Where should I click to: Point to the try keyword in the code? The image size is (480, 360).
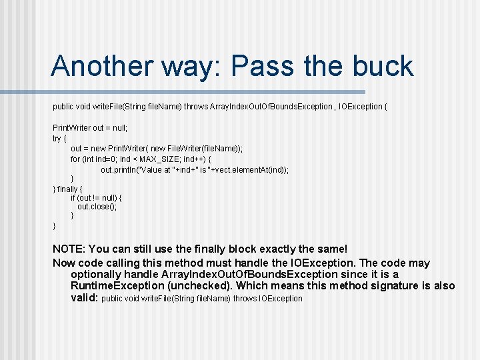(57, 139)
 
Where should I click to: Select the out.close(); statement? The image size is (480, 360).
(97, 207)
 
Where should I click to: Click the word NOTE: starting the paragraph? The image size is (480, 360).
(69, 249)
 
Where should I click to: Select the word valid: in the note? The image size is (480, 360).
(84, 298)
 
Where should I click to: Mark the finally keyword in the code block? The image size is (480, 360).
(68, 189)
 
